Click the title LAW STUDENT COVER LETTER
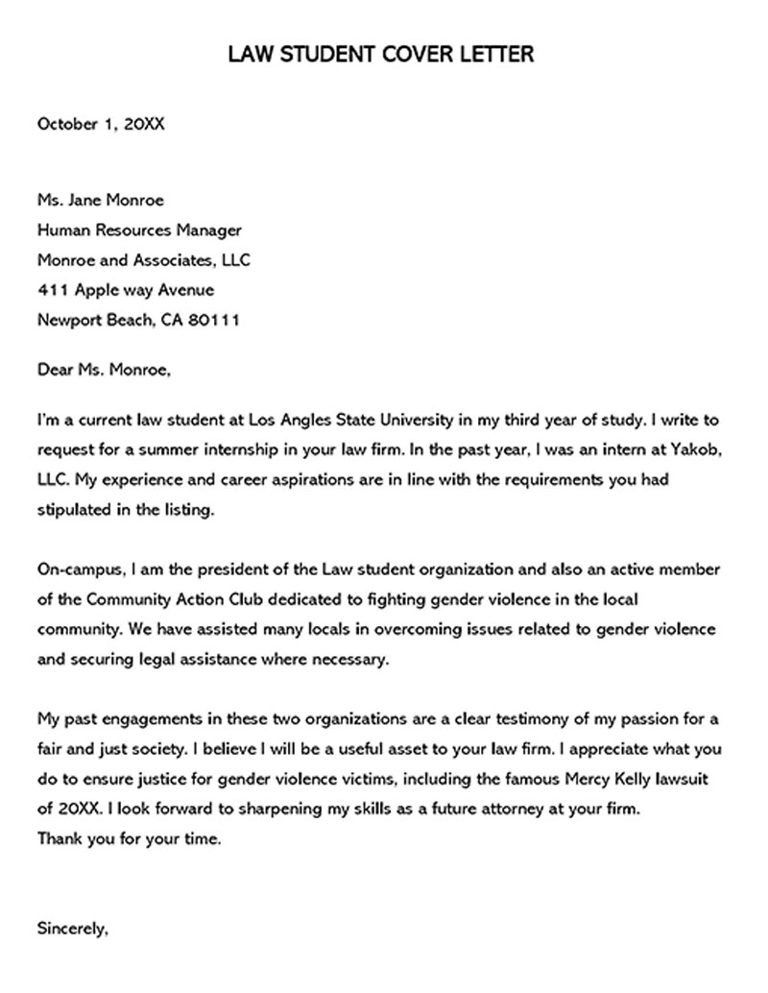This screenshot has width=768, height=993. (x=381, y=54)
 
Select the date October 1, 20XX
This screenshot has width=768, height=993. (x=101, y=124)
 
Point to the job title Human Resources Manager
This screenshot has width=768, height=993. (x=139, y=230)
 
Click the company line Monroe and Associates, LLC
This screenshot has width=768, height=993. (x=144, y=260)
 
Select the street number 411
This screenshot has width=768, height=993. (x=52, y=290)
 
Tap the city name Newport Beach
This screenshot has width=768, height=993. (x=93, y=320)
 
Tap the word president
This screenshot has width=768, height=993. (x=226, y=570)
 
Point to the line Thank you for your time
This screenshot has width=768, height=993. (x=130, y=838)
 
